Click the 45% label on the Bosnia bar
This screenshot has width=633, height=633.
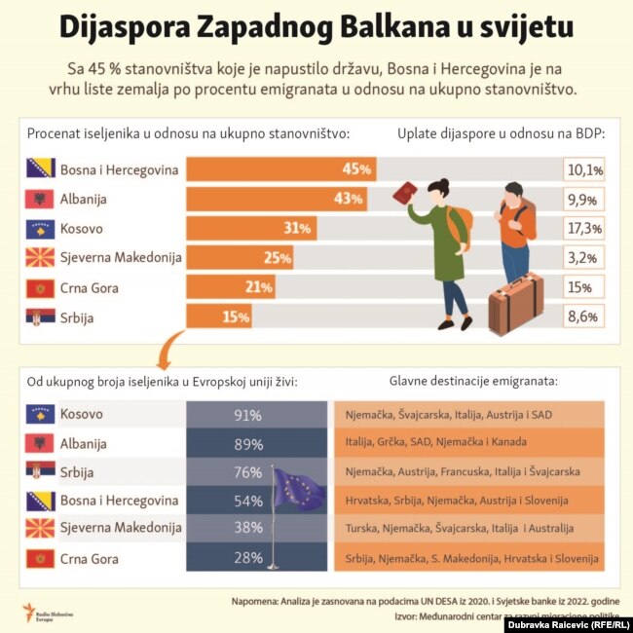(357, 169)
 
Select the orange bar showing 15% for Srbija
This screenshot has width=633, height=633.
(218, 316)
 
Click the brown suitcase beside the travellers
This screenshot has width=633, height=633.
(514, 302)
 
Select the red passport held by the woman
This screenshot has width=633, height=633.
(403, 193)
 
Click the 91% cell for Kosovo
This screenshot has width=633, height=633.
(247, 415)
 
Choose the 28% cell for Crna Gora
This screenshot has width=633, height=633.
(247, 558)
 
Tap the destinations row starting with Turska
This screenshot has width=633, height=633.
(467, 530)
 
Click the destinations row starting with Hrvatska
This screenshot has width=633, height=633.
(467, 501)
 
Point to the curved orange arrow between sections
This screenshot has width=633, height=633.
(170, 347)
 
